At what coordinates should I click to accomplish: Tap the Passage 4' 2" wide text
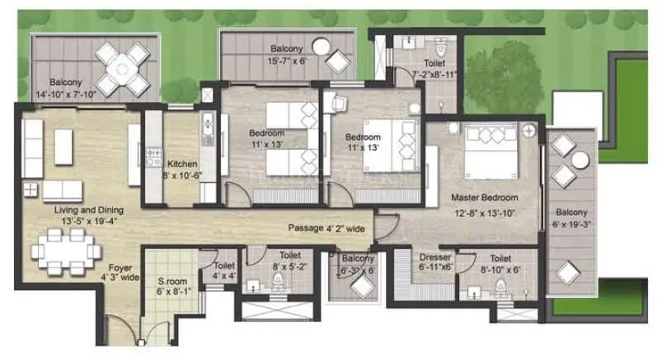click(x=327, y=228)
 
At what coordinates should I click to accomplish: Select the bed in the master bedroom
click(x=492, y=152)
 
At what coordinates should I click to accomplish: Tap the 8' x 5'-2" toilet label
click(x=289, y=261)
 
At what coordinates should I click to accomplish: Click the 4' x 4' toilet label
click(x=224, y=271)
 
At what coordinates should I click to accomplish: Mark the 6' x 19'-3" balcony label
click(x=570, y=217)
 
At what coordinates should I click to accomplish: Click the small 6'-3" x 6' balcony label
click(x=358, y=264)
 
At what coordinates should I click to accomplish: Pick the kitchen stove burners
click(x=153, y=154)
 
